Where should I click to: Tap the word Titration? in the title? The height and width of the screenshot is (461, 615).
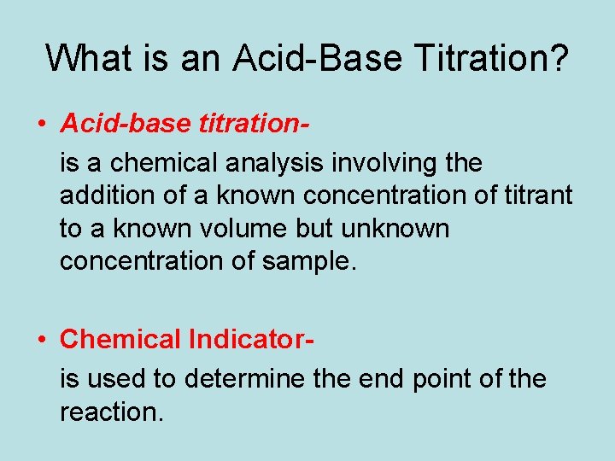[x=492, y=58]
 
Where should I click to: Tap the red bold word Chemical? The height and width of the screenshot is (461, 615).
[x=120, y=340]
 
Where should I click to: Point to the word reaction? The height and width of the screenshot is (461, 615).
[x=110, y=412]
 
